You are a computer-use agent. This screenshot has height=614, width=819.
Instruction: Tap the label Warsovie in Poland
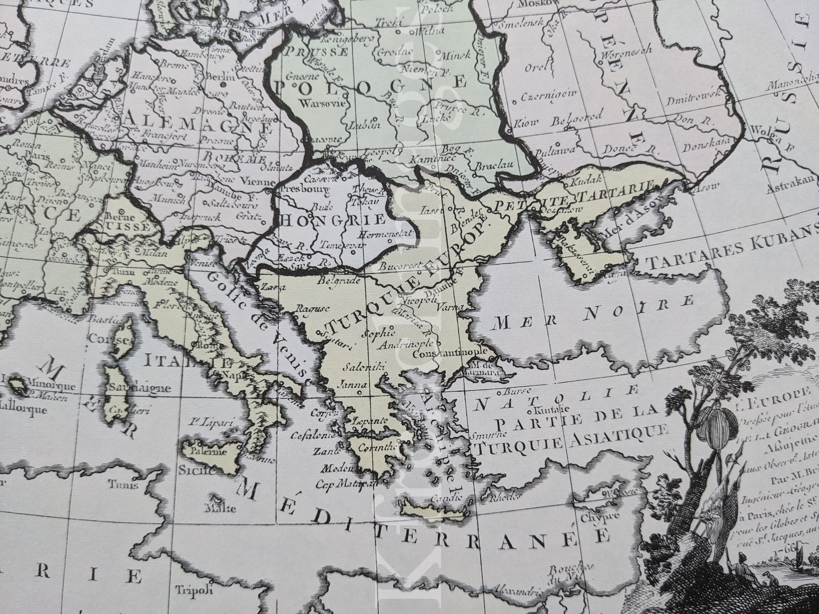point(323,103)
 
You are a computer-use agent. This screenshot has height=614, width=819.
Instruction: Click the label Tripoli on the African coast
point(189,589)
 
